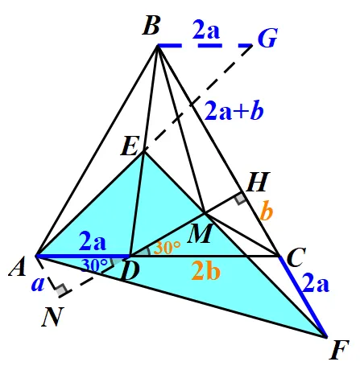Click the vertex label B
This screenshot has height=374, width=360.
click(x=151, y=26)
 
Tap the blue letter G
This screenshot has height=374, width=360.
click(x=267, y=38)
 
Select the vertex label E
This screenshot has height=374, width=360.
click(x=130, y=146)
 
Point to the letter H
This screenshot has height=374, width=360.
click(x=258, y=182)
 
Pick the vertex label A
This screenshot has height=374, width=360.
click(x=18, y=266)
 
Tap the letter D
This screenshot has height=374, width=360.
click(x=130, y=271)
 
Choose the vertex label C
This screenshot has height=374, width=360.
click(x=296, y=257)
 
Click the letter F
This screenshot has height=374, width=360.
click(x=339, y=350)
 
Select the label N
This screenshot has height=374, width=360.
click(x=52, y=316)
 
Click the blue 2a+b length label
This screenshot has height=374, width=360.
click(x=234, y=111)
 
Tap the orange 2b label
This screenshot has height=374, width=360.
click(x=205, y=270)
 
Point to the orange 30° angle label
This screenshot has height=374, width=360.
click(x=167, y=248)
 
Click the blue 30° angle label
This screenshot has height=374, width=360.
click(x=94, y=265)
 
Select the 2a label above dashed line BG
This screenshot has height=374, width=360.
click(x=206, y=30)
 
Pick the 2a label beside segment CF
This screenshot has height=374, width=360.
click(x=316, y=283)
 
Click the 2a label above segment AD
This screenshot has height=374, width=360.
click(x=93, y=241)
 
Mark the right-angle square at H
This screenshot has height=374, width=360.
click(x=240, y=199)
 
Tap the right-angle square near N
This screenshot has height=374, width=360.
click(x=62, y=290)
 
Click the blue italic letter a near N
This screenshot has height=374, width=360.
click(x=38, y=284)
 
